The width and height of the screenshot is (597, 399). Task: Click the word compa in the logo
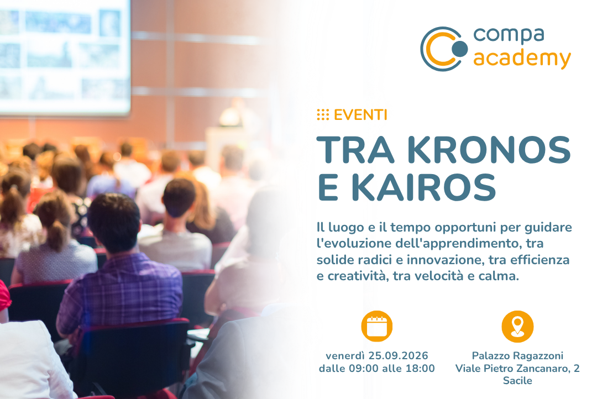509,35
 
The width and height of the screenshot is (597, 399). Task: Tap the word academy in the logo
522,59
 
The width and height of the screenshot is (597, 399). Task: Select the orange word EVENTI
360,114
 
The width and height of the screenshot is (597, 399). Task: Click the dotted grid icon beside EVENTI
323,114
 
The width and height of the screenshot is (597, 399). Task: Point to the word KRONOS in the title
489,150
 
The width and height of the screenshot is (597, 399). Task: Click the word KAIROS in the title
423,187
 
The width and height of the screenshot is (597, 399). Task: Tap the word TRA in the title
355,150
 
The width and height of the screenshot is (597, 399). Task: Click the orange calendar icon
376,326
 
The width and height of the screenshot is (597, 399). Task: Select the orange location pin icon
517,326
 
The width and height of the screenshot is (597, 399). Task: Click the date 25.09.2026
398,355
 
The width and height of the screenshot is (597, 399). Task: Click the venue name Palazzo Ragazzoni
517,356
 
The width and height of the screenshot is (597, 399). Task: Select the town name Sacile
517,380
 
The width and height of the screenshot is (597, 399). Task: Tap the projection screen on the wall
65,56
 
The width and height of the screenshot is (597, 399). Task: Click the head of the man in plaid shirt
114,222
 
